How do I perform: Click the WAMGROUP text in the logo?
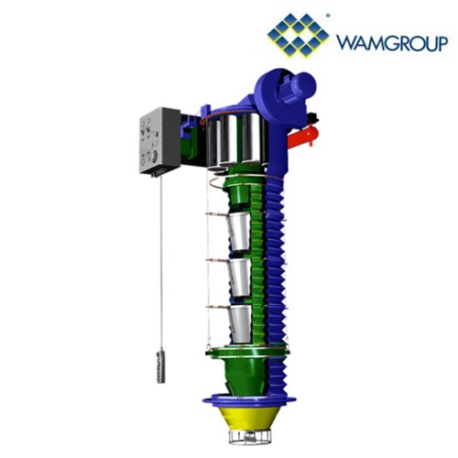pos(392,43)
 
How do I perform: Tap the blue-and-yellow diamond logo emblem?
pos(298,36)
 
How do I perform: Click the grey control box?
pos(160,140)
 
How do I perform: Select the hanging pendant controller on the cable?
pos(160,367)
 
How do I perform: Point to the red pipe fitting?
pos(303,137)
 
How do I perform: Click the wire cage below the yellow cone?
pos(249,437)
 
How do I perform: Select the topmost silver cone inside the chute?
pos(239,231)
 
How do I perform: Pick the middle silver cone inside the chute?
pos(240,278)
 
